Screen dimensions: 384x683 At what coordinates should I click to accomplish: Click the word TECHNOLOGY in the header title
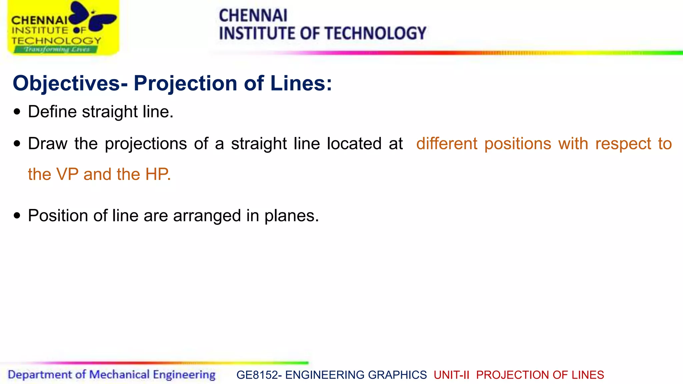(375, 33)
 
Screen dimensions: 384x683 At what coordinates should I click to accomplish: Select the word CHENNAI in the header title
(253, 15)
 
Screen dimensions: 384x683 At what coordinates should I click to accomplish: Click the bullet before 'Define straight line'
(17, 112)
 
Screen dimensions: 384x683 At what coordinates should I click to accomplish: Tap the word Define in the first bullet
(52, 112)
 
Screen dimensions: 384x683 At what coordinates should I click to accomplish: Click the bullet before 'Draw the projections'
(17, 144)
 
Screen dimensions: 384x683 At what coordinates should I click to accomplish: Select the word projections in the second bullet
(146, 144)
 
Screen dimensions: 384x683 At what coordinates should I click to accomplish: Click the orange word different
(447, 144)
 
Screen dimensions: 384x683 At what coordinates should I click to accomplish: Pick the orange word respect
(623, 144)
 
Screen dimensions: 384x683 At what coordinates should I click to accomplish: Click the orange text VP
(67, 174)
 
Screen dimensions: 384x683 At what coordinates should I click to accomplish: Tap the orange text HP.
(157, 174)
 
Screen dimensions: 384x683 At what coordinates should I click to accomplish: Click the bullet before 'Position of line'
(17, 216)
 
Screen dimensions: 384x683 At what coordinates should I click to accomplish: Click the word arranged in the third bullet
(207, 216)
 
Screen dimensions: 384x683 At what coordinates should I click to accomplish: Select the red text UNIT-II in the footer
(451, 375)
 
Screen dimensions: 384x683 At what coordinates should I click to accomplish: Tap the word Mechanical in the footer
(119, 375)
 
